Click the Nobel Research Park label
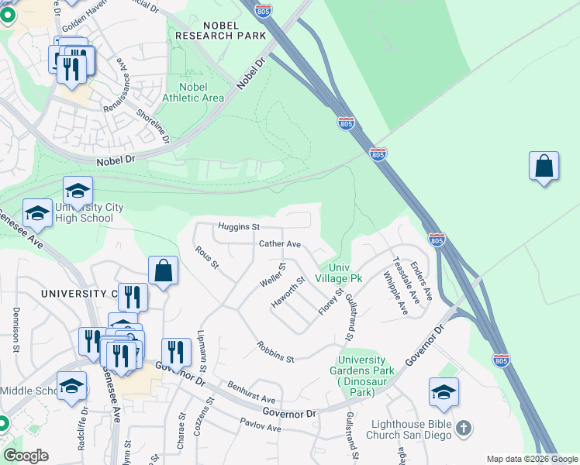coord(220,29)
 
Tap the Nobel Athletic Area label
coord(193,92)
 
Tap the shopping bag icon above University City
coord(164,271)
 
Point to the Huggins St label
coord(238,226)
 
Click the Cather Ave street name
coord(279,243)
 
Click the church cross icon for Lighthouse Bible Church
coord(463,428)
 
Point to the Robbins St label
coord(276,353)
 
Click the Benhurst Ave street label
coord(251,391)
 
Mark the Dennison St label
coord(15,330)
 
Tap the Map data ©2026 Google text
coord(531,459)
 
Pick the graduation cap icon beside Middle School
coord(71,387)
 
